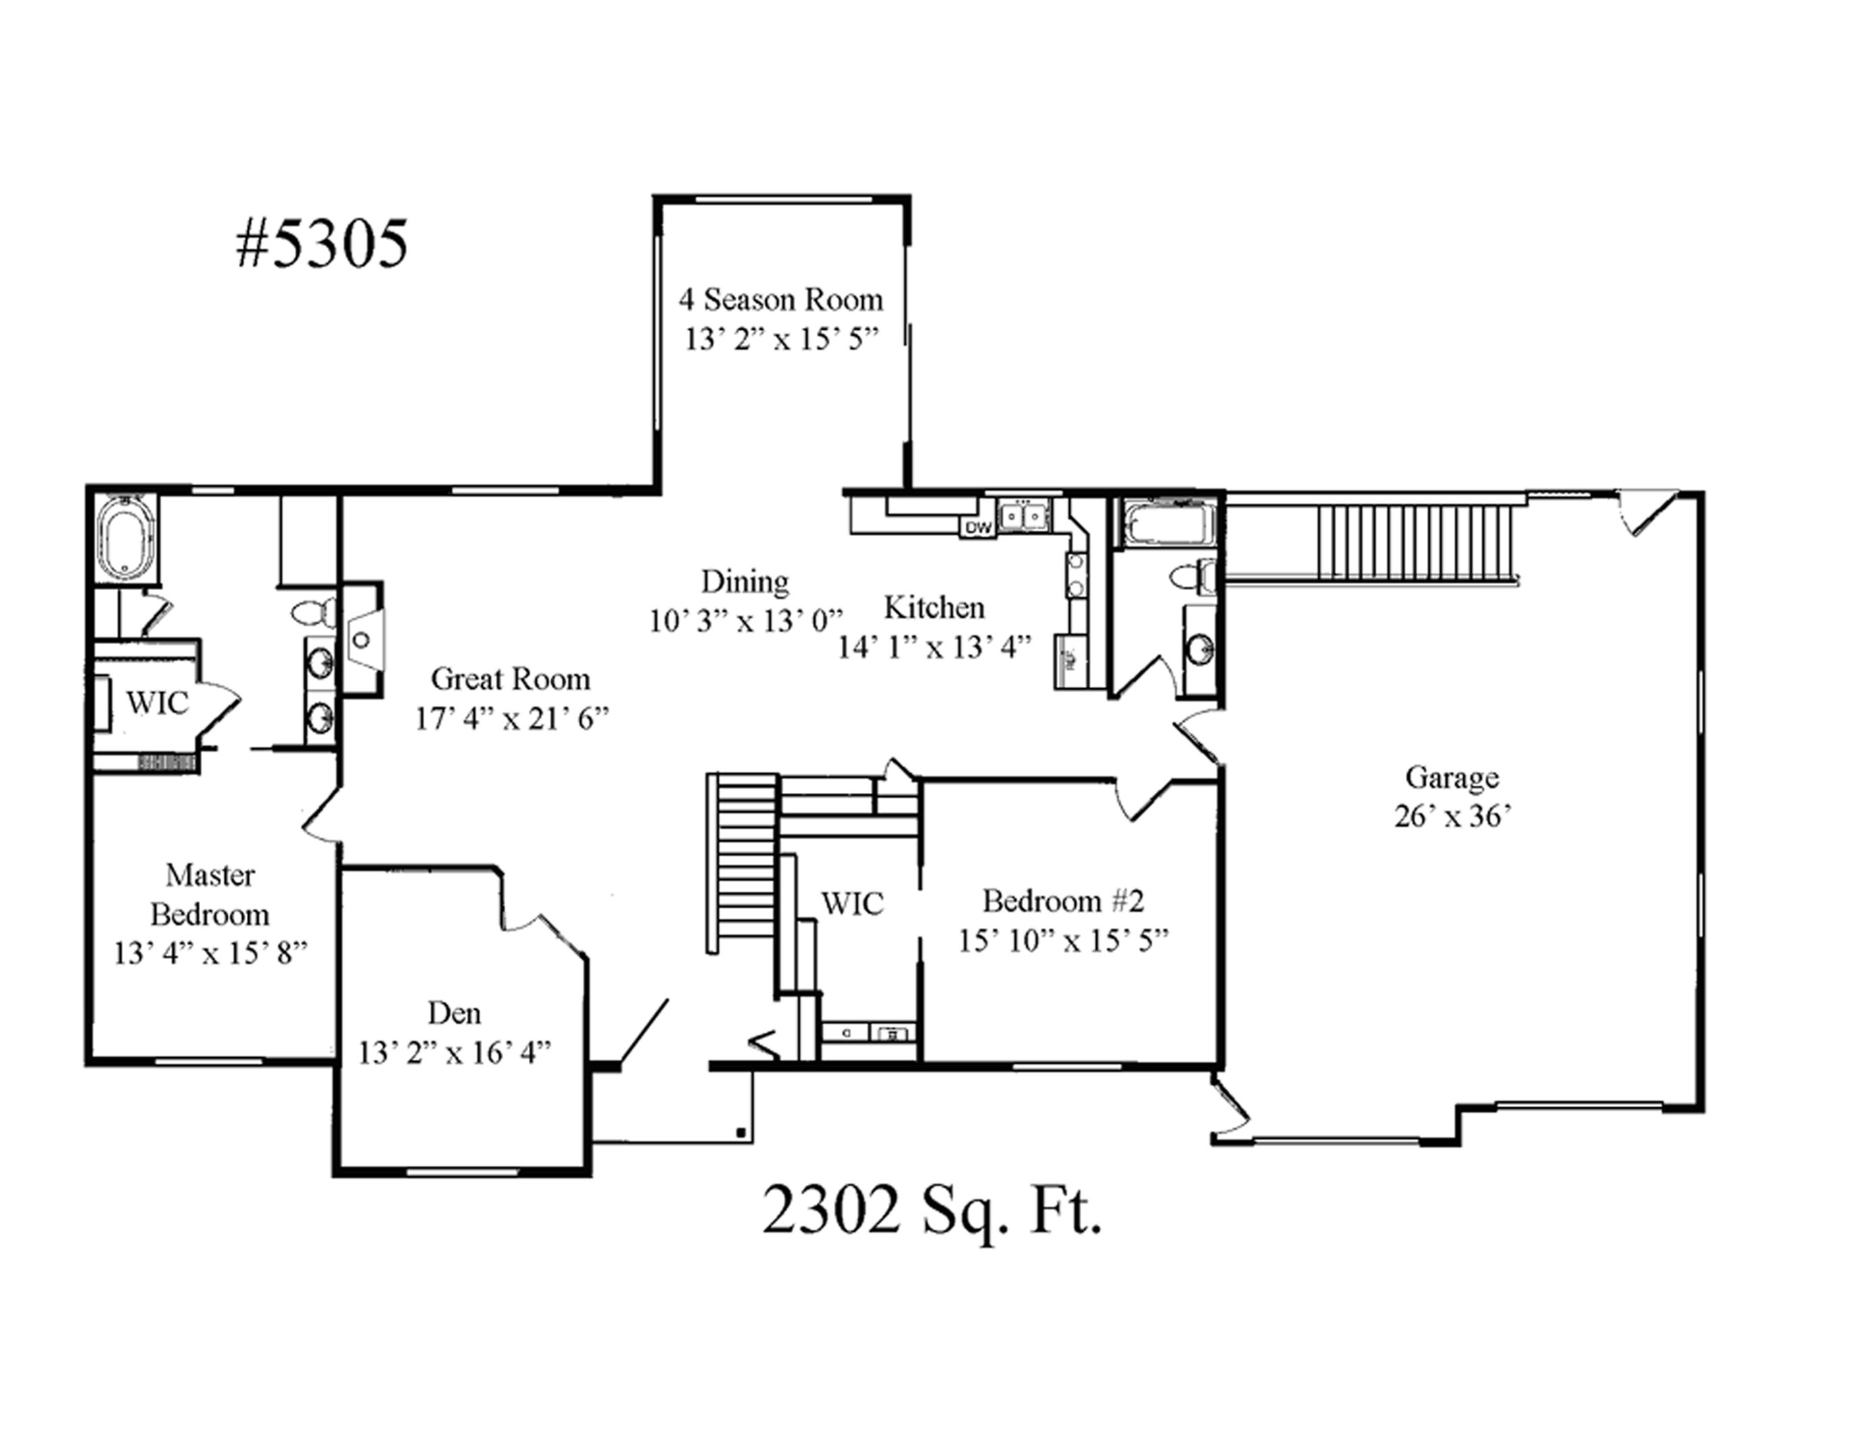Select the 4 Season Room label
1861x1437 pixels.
[x=780, y=300]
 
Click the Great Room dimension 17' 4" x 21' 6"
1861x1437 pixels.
[x=512, y=719]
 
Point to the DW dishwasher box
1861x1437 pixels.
[x=979, y=528]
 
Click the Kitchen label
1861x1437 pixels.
[x=934, y=608]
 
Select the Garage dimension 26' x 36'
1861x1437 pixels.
[x=1452, y=816]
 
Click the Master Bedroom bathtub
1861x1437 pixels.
[x=126, y=537]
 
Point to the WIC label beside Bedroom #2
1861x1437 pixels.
[x=852, y=903]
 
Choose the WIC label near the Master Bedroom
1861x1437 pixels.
[x=158, y=703]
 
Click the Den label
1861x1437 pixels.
[x=454, y=1013]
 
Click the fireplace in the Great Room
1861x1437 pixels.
[x=364, y=639]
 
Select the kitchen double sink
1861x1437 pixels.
[x=1024, y=515]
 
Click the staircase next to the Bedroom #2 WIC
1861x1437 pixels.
[x=747, y=862]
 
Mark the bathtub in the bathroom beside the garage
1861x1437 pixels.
[x=1167, y=524]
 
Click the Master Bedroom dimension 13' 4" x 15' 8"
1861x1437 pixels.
[x=210, y=952]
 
